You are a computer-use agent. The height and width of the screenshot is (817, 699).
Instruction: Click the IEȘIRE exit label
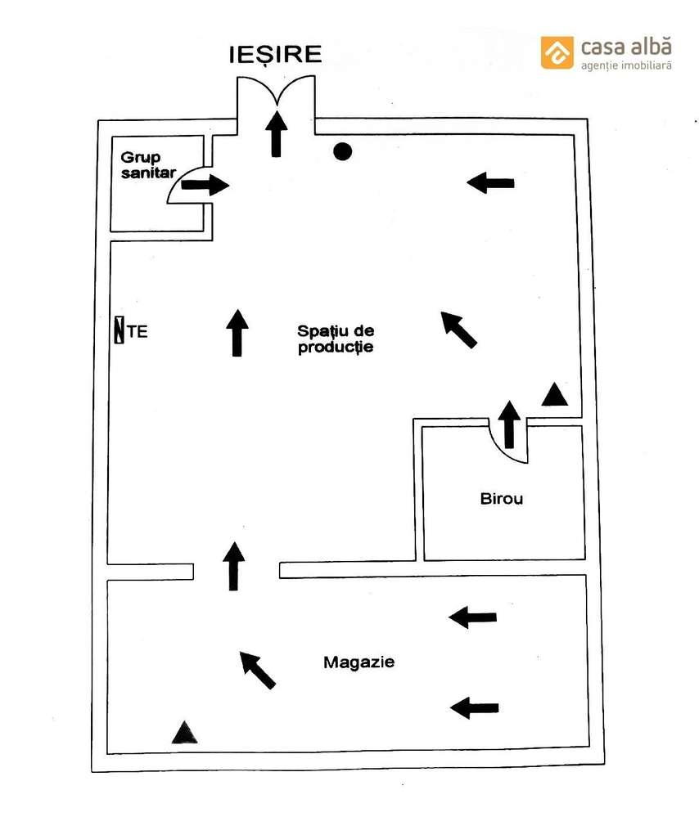pyautogui.click(x=275, y=55)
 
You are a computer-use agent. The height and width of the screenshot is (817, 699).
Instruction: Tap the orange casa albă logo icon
pyautogui.click(x=557, y=52)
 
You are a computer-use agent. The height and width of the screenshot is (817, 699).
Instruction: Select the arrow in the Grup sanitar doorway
pyautogui.click(x=205, y=185)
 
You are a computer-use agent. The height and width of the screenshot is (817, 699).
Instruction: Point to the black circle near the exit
pyautogui.click(x=342, y=150)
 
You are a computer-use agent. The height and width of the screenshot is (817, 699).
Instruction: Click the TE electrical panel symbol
pyautogui.click(x=120, y=331)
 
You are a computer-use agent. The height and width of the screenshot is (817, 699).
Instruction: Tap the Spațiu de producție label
pyautogui.click(x=336, y=339)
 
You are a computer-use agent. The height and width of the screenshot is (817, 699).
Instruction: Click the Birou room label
pyautogui.click(x=502, y=498)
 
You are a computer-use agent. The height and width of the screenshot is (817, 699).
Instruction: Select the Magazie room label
pyautogui.click(x=359, y=662)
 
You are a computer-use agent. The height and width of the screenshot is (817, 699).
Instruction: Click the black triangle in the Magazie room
pyautogui.click(x=185, y=733)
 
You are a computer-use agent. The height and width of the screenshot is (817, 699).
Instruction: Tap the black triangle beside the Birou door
pyautogui.click(x=555, y=396)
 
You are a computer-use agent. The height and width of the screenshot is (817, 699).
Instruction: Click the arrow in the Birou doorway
pyautogui.click(x=510, y=424)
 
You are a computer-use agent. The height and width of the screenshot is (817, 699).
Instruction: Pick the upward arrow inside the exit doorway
pyautogui.click(x=277, y=134)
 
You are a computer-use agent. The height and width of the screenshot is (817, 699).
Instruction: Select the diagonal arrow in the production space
pyautogui.click(x=459, y=330)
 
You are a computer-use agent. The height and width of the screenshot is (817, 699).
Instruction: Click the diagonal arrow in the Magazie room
pyautogui.click(x=258, y=670)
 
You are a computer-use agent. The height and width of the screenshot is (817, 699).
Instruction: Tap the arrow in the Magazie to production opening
pyautogui.click(x=234, y=566)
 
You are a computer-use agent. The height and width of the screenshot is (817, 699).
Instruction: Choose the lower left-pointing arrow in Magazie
pyautogui.click(x=475, y=707)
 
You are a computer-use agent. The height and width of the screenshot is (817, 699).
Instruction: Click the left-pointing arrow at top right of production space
pyautogui.click(x=490, y=183)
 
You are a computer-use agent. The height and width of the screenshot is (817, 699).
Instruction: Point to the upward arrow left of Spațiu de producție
pyautogui.click(x=237, y=333)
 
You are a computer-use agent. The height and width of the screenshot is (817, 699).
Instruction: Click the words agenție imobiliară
pyautogui.click(x=626, y=65)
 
